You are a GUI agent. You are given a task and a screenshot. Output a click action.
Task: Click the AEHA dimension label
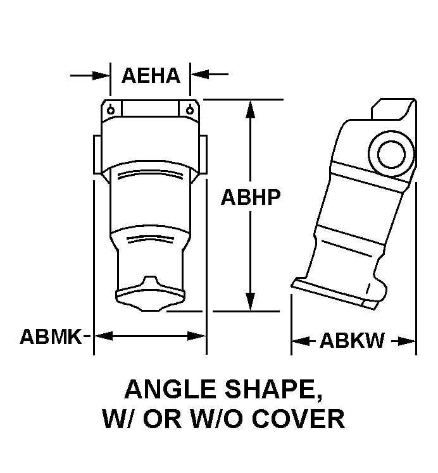coord(151,76)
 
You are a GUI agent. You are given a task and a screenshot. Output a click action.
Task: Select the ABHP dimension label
coord(251,197)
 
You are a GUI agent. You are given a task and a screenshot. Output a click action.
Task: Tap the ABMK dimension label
coord(51,336)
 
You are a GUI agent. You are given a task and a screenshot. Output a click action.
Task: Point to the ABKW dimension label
coord(353,341)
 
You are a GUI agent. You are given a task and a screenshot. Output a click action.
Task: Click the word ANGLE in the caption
coord(170,390)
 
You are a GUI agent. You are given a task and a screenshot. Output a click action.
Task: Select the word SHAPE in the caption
coord(273,390)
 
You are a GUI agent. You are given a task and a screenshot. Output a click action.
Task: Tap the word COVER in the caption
coord(298,419)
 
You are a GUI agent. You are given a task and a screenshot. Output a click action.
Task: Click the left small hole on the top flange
coord(111,110)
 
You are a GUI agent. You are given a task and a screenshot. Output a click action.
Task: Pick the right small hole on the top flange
coord(190,110)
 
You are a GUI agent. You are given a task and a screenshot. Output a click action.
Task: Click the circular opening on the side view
coord(392,154)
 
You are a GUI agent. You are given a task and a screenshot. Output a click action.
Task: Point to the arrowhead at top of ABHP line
coord(250,109)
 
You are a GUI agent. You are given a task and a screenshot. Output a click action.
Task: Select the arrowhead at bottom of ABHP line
coord(250,302)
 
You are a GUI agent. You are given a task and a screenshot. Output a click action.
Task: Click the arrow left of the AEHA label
coord(90,75)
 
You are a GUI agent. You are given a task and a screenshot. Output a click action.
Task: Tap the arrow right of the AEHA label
coord(210,74)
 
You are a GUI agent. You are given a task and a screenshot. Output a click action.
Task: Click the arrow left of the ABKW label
coord(303,341)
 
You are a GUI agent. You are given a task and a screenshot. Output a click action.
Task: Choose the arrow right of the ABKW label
coord(403,341)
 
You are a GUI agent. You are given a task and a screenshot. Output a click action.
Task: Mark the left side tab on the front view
coord(97,154)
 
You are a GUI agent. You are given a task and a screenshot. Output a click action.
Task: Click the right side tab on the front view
coord(203,154)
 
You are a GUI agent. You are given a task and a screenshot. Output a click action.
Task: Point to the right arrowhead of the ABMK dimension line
coord(196,336)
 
